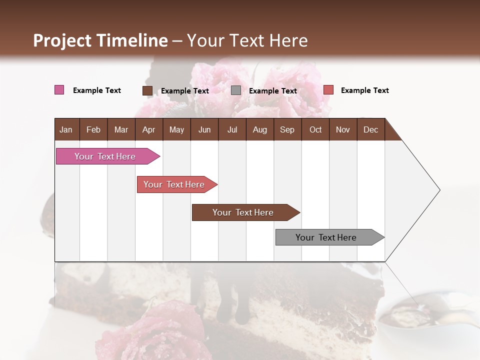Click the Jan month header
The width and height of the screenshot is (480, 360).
click(x=66, y=129)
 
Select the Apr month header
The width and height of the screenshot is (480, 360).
click(x=148, y=129)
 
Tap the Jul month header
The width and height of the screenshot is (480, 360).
click(x=232, y=129)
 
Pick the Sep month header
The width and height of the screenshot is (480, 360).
click(x=287, y=129)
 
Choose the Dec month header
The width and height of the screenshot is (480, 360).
click(x=370, y=129)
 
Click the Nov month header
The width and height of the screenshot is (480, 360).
click(x=342, y=129)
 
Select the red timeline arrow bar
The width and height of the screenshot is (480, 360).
click(x=175, y=184)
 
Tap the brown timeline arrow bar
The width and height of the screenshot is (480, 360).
click(x=244, y=212)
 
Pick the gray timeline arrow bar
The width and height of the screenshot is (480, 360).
click(x=327, y=237)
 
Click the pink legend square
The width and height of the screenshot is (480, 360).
click(x=59, y=90)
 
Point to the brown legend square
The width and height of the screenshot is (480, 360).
click(x=147, y=90)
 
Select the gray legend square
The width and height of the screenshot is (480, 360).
click(x=236, y=90)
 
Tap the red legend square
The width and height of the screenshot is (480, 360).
click(x=328, y=90)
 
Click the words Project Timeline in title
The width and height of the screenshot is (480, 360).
click(x=100, y=40)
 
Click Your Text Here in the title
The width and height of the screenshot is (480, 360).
click(x=247, y=40)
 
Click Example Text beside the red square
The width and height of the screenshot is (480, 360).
click(x=364, y=90)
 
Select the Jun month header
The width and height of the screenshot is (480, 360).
click(x=204, y=129)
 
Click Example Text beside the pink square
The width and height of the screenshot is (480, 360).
click(x=96, y=90)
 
